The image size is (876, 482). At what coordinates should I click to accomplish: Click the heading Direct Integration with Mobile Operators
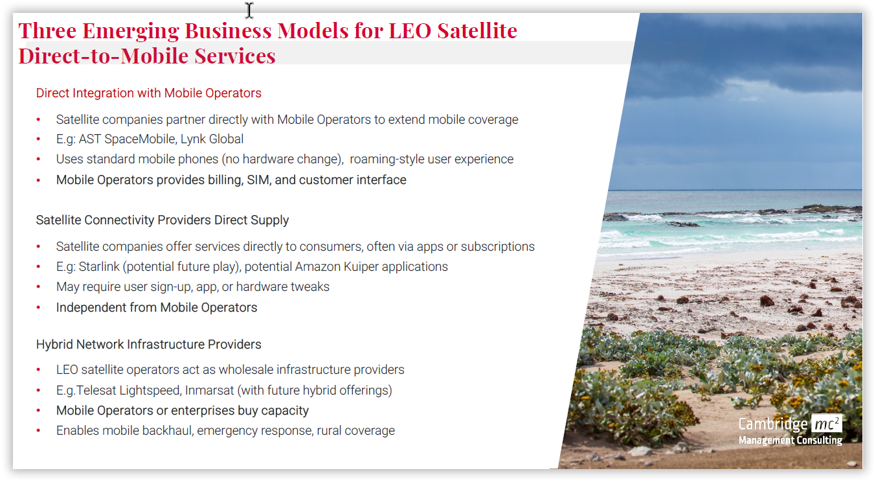tap(149, 93)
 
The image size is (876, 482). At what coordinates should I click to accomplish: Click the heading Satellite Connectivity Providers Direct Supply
tap(163, 220)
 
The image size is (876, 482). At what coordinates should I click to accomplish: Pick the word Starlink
tap(99, 267)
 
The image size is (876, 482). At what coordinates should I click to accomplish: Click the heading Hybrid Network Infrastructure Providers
tap(149, 344)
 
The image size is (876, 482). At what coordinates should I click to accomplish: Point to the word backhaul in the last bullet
tap(166, 431)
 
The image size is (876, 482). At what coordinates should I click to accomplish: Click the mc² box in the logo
tap(826, 424)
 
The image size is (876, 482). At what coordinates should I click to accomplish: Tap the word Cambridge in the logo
tap(773, 424)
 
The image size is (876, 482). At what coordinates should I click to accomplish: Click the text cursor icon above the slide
tap(249, 10)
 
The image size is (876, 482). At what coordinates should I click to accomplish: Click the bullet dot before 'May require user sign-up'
tap(38, 287)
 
